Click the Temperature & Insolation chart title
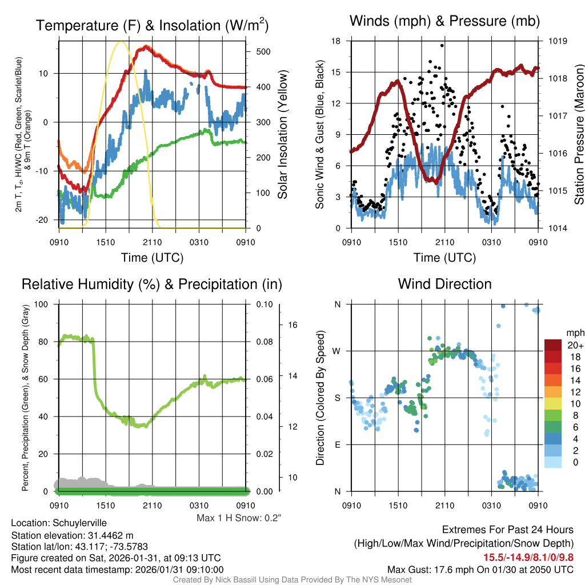click(x=152, y=25)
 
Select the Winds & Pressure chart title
click(x=445, y=21)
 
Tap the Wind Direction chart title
click(x=444, y=284)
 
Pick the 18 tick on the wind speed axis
click(x=336, y=41)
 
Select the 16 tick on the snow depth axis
click(x=293, y=325)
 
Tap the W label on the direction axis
click(x=338, y=351)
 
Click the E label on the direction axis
click(x=338, y=444)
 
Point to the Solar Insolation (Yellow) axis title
click(x=283, y=135)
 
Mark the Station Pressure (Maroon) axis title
click(x=579, y=135)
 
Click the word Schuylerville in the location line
click(x=80, y=523)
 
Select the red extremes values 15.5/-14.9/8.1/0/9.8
click(x=528, y=557)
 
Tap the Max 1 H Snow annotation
click(x=239, y=518)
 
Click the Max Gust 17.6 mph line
click(x=480, y=570)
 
